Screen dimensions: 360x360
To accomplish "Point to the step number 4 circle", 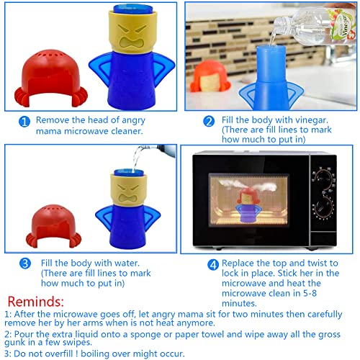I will click(x=212, y=264).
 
